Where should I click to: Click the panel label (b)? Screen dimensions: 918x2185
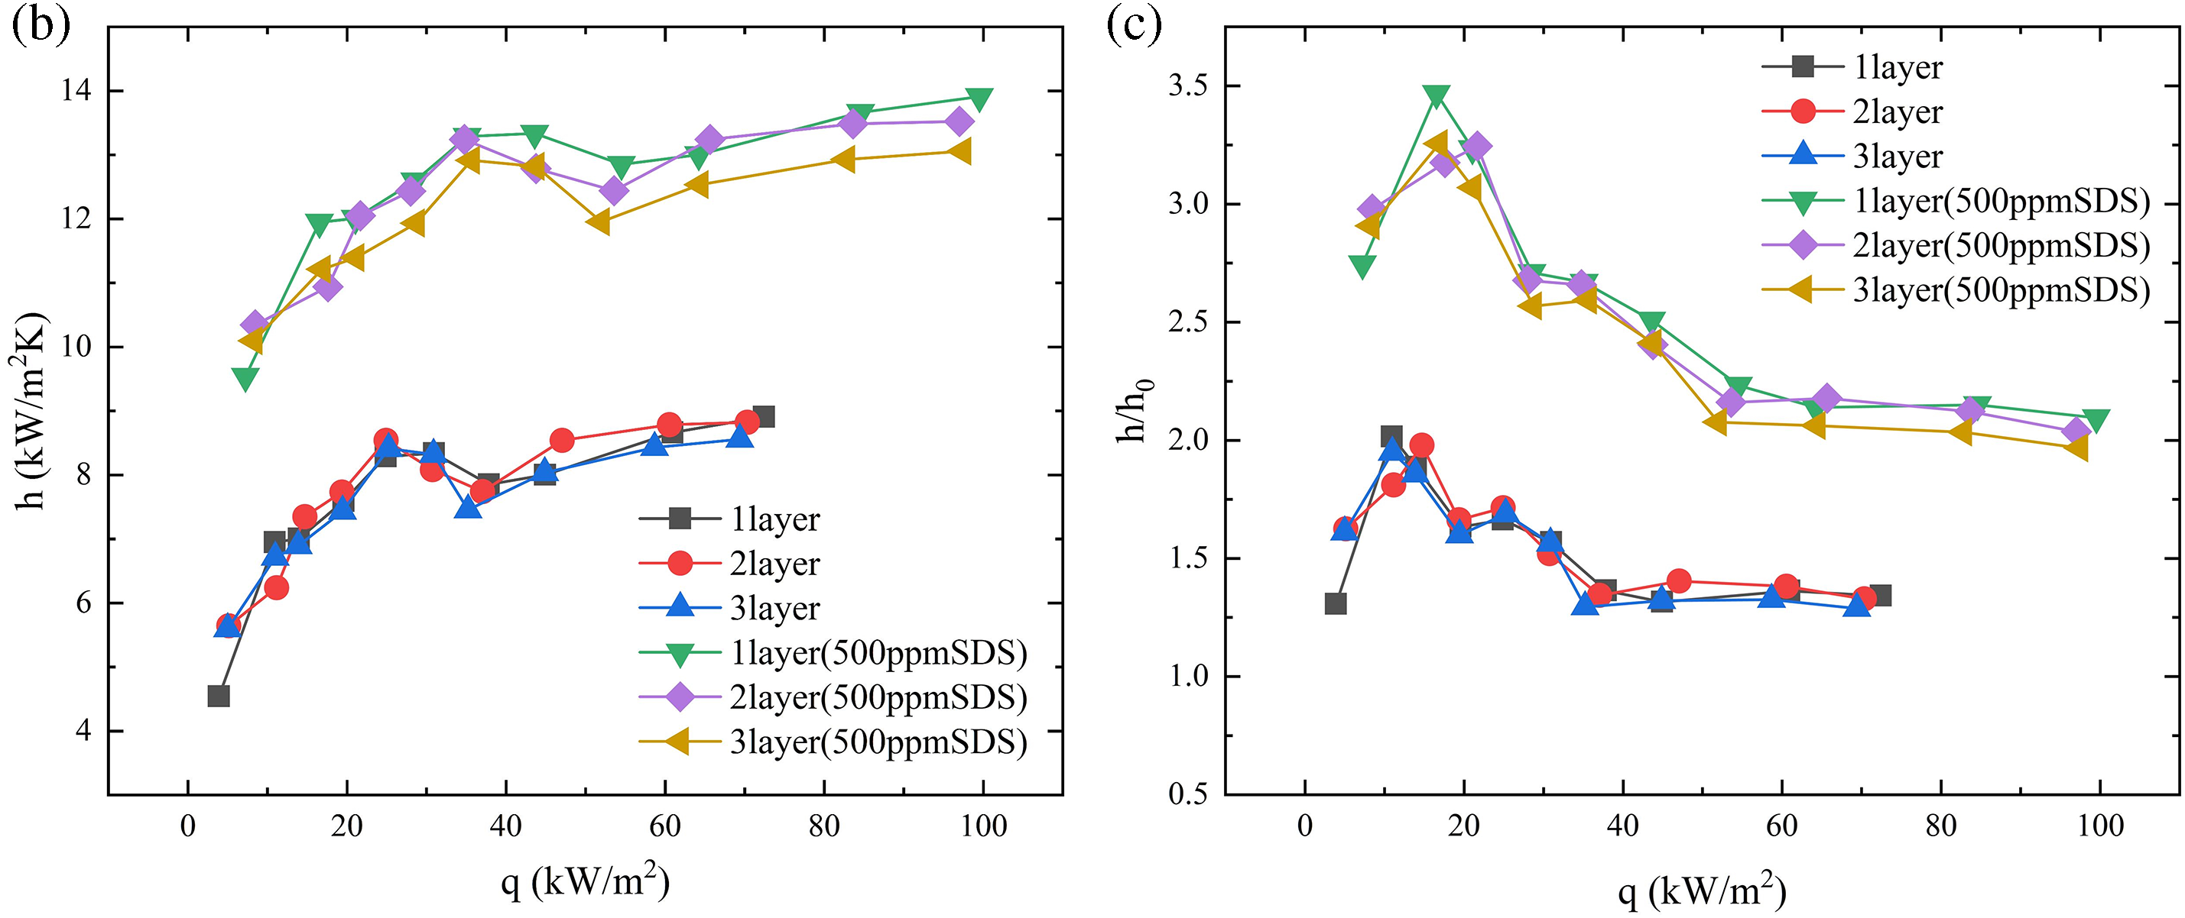(40, 25)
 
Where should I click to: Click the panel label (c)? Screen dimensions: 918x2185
(1134, 25)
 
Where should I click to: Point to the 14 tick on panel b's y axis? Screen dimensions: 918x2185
(77, 91)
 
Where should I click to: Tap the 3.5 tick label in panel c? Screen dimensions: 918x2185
(1187, 86)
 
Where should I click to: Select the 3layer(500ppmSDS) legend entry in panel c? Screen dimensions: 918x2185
(2001, 290)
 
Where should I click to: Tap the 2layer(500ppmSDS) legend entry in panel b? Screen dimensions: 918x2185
(878, 697)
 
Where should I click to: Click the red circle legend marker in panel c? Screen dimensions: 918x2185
(1804, 111)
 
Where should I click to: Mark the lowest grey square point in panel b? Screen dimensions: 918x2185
(218, 696)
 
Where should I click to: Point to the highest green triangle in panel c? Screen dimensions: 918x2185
(1436, 95)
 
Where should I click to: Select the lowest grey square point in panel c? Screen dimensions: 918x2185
(1335, 603)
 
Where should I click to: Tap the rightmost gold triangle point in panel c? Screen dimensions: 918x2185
(2076, 447)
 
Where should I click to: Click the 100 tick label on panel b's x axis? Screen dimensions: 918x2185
(983, 826)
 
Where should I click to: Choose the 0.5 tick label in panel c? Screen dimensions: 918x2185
(1187, 794)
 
